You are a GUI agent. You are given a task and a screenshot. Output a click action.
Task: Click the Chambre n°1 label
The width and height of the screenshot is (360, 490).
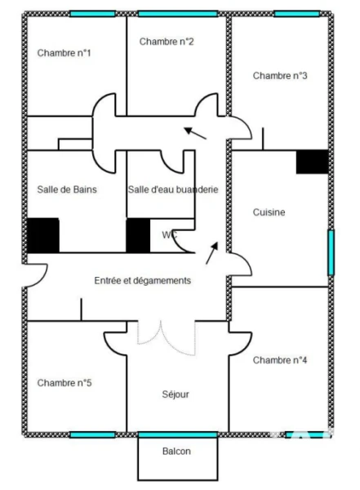(x=64, y=53)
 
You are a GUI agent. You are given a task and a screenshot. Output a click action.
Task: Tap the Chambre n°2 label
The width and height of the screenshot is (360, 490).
(x=167, y=42)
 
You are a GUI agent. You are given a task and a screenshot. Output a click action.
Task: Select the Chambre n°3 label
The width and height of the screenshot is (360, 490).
(x=280, y=76)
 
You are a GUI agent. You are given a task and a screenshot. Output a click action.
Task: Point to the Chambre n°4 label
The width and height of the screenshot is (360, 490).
(x=280, y=360)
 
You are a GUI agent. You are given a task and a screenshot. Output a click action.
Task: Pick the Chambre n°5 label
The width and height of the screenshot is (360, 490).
(x=64, y=383)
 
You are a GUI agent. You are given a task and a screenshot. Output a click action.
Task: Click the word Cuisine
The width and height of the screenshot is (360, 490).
(x=269, y=212)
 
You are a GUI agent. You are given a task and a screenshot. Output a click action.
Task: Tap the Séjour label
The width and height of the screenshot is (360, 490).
(x=176, y=394)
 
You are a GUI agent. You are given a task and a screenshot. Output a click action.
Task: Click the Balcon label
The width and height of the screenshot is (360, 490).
(x=176, y=451)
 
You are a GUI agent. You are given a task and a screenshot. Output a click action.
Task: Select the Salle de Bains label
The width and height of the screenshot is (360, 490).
(x=67, y=189)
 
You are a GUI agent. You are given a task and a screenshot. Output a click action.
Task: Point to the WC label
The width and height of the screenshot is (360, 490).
(x=169, y=234)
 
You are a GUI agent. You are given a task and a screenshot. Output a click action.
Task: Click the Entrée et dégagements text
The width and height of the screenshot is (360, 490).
(x=143, y=281)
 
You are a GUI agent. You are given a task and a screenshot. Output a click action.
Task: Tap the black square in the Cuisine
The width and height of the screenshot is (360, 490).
(x=312, y=162)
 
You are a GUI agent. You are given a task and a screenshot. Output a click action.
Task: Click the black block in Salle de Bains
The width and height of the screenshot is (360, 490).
(x=43, y=235)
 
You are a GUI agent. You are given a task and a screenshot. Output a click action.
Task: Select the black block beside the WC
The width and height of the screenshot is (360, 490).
(x=138, y=235)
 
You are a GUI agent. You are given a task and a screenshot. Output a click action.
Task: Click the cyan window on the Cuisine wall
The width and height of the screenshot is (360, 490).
(x=331, y=252)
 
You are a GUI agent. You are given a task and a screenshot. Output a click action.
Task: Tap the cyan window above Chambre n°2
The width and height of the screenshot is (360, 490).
(x=177, y=14)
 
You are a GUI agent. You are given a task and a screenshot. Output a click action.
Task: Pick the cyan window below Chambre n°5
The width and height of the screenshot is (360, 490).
(x=92, y=434)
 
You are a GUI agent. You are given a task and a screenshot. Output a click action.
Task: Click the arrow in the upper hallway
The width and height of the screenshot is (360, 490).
(x=195, y=133)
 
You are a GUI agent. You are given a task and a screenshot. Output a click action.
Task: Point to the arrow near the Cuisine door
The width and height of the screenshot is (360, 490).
(x=212, y=253)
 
